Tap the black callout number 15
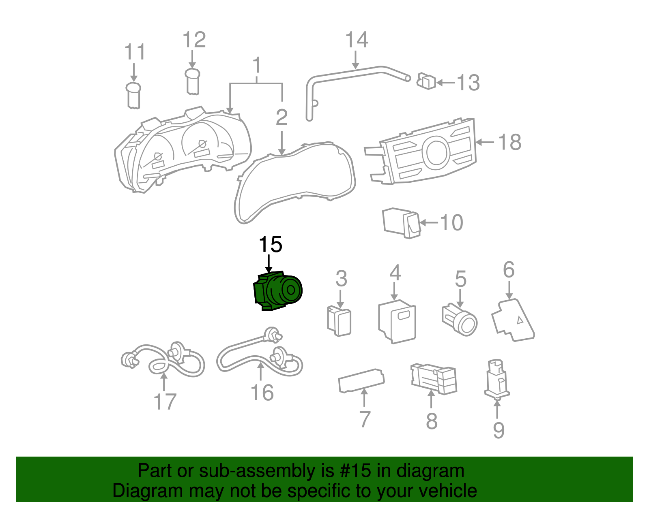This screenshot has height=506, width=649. point(270,245)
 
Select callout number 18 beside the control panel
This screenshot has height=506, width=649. point(509,143)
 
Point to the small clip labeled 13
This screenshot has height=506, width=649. point(426,81)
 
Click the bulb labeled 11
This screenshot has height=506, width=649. point(133,96)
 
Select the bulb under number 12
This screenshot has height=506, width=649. point(193,81)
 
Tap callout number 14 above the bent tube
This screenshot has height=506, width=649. point(357,40)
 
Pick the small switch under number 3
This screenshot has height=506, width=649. point(339,321)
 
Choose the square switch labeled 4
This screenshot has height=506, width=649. point(397,322)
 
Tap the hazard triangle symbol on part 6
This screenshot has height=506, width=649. point(520,320)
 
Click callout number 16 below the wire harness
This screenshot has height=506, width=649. point(262,393)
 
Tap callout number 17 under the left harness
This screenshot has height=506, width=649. point(165,401)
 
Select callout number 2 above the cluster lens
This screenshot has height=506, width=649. point(282,118)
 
